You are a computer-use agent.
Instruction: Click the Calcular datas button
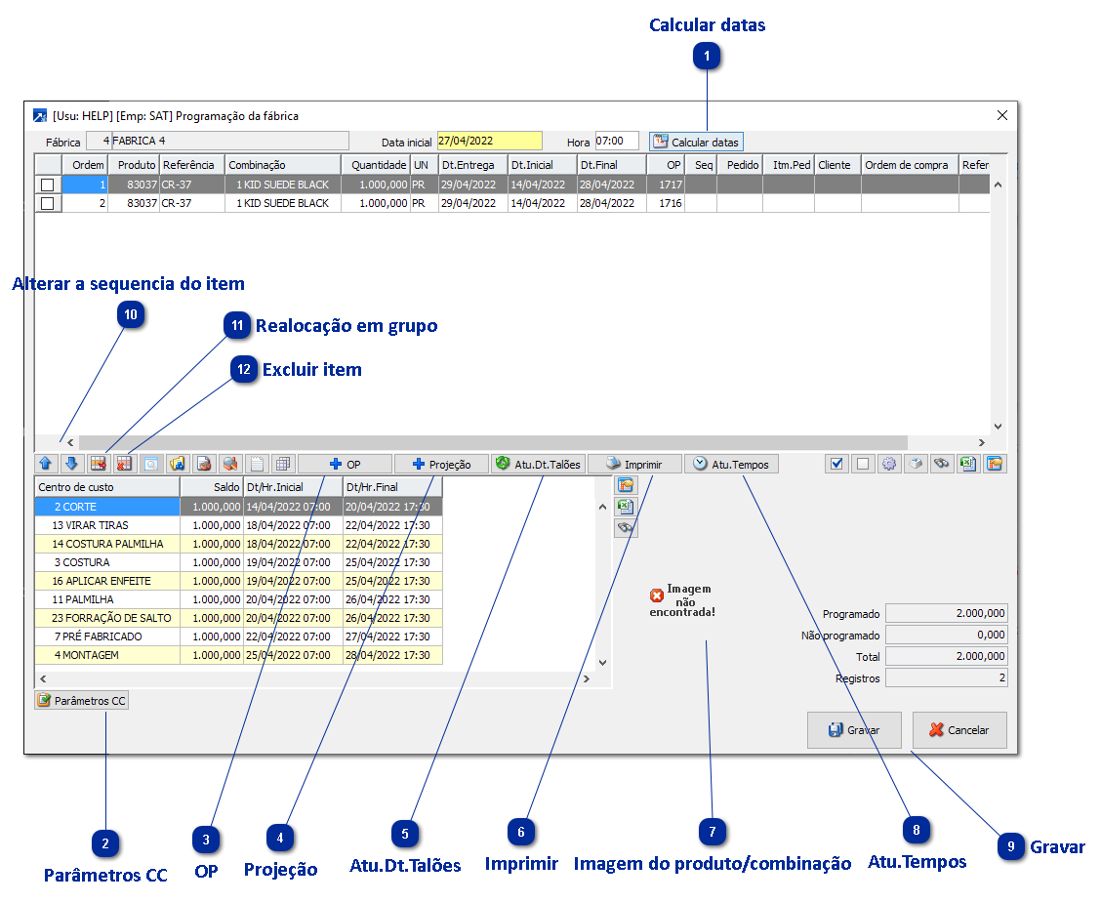(696, 142)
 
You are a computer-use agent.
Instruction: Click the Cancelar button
(958, 730)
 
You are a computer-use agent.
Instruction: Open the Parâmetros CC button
(81, 701)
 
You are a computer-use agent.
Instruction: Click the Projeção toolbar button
(441, 465)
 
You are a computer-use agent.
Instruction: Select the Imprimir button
(633, 465)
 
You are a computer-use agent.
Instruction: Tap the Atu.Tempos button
(731, 465)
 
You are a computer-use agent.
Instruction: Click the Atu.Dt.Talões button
(537, 465)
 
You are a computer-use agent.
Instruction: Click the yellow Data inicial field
(489, 142)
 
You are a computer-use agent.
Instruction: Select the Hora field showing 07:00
(616, 142)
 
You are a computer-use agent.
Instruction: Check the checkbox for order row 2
(47, 203)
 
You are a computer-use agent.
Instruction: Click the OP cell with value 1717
(666, 185)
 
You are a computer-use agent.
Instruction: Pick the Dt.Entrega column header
(471, 165)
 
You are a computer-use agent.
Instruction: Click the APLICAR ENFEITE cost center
(107, 581)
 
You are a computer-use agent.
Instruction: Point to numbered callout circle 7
(714, 832)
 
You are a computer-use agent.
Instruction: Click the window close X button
(1001, 115)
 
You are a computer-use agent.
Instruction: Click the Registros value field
(946, 677)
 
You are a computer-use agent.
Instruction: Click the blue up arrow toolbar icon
(45, 465)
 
